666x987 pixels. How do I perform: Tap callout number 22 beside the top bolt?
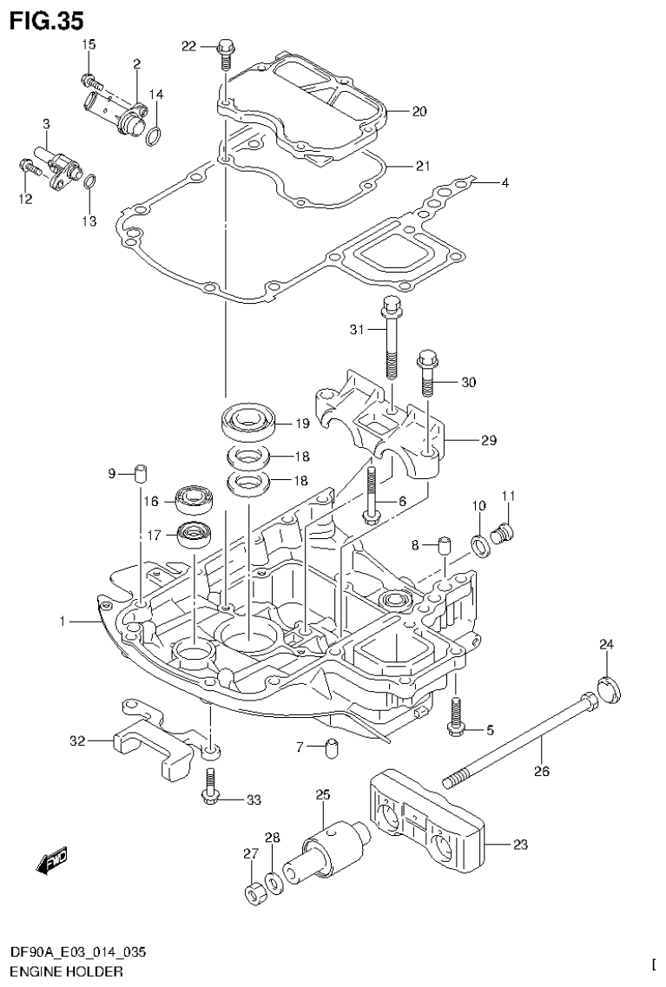(x=188, y=46)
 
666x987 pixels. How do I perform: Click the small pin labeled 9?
(x=139, y=473)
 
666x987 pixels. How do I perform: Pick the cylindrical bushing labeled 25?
(x=332, y=841)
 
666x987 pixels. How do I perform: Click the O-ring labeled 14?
(x=155, y=136)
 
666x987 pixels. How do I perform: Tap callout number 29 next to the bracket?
(x=488, y=440)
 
